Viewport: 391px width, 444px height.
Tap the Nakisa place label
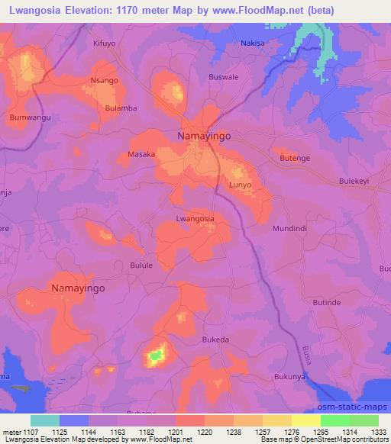pos(253,43)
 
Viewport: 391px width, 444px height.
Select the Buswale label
pos(224,77)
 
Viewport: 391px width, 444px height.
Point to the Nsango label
pos(104,80)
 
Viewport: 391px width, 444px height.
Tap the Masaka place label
pos(141,154)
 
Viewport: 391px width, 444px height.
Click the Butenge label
pos(295,156)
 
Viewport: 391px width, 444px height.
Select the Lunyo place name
pos(240,185)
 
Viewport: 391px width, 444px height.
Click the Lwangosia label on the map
pos(195,218)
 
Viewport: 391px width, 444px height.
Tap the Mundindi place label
pos(289,227)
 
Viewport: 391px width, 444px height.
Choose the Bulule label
pos(141,265)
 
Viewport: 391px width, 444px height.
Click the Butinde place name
pos(327,302)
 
